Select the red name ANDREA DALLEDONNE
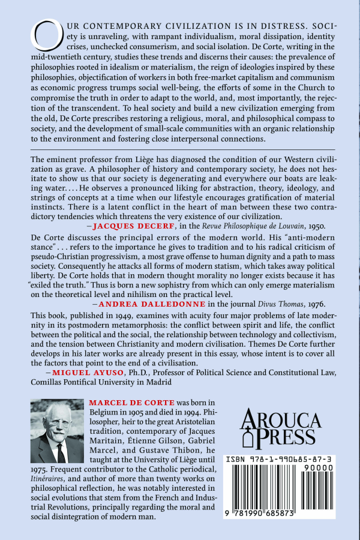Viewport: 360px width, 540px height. tap(139, 304)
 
